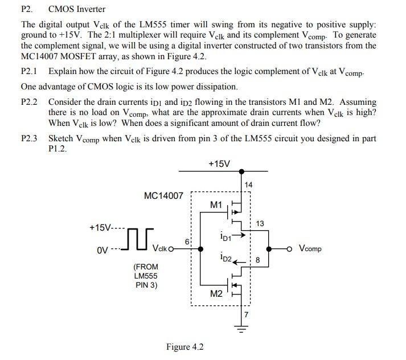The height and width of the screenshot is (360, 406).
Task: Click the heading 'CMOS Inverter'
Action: pyautogui.click(x=76, y=9)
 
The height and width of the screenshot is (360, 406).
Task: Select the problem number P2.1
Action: pyautogui.click(x=29, y=72)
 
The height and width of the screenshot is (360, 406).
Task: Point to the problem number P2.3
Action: pyautogui.click(x=29, y=138)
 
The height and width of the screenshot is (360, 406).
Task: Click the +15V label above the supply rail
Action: pyautogui.click(x=219, y=164)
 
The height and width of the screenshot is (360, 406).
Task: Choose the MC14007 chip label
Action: pyautogui.click(x=164, y=196)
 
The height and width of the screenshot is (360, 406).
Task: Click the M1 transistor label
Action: pyautogui.click(x=216, y=204)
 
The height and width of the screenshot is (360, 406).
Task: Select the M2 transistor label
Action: pyautogui.click(x=216, y=294)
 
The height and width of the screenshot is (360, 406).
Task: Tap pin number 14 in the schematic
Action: pyautogui.click(x=248, y=185)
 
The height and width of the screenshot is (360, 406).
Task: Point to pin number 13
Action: pyautogui.click(x=260, y=223)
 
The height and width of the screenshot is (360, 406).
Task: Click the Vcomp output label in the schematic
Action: pyautogui.click(x=310, y=249)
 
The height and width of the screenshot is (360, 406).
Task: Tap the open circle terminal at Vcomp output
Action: pyautogui.click(x=290, y=249)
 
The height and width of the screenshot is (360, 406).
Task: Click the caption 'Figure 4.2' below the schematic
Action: pyautogui.click(x=184, y=347)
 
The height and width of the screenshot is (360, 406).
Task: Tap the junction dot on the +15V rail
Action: pyautogui.click(x=241, y=171)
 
